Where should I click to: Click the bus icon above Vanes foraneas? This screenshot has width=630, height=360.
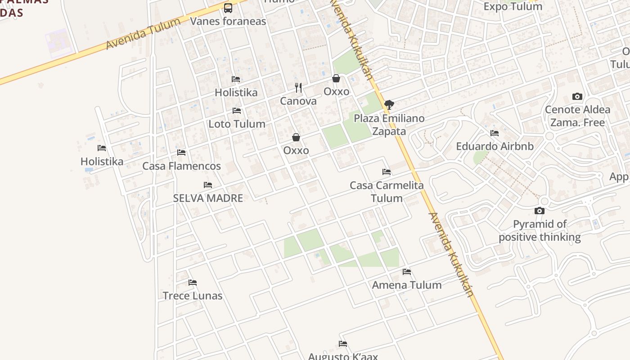tap(228, 8)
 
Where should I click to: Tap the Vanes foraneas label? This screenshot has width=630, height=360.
tap(228, 21)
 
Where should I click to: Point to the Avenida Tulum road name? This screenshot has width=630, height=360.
tap(143, 34)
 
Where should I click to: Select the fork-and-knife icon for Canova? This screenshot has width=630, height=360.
tap(298, 87)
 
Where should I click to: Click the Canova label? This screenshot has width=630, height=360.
tap(298, 101)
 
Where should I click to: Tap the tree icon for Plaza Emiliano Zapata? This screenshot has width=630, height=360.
tap(389, 105)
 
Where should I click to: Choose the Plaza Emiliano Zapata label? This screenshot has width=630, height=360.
tap(389, 125)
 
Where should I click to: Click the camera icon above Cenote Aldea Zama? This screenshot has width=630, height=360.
tap(577, 96)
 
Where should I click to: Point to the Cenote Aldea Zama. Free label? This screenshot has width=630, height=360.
tap(577, 116)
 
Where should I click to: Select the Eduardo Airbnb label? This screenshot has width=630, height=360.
tap(495, 146)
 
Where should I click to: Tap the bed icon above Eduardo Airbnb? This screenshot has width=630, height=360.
tap(495, 133)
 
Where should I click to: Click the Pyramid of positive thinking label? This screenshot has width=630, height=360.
tap(540, 230)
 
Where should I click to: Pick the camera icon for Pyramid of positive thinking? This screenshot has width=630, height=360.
tap(539, 211)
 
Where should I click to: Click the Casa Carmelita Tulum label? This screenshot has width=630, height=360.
tap(387, 192)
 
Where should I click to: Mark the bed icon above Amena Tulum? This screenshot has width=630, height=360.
tap(407, 272)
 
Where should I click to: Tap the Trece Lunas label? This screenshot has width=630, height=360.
tap(193, 296)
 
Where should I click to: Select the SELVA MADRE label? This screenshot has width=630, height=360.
tap(208, 198)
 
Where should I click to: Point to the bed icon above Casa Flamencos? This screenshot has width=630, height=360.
tap(181, 153)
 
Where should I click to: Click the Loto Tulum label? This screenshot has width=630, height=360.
tap(237, 124)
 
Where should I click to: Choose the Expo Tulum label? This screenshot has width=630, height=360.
tap(513, 6)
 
